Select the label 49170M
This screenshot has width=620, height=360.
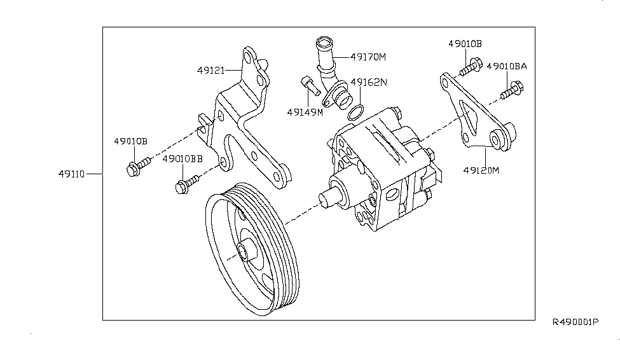pyautogui.click(x=368, y=57)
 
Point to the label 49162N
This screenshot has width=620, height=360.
pyautogui.click(x=369, y=82)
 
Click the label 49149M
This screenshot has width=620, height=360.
pyautogui.click(x=305, y=112)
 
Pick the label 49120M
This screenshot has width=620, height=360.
pyautogui.click(x=481, y=170)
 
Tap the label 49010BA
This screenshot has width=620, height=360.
pyautogui.click(x=507, y=66)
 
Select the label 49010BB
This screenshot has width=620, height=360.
pyautogui.click(x=182, y=159)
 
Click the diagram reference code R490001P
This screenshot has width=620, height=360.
pyautogui.click(x=575, y=322)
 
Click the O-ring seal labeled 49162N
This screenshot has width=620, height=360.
pyautogui.click(x=355, y=113)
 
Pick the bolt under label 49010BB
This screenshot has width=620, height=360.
pyautogui.click(x=186, y=184)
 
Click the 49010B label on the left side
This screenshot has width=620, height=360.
pyautogui.click(x=131, y=141)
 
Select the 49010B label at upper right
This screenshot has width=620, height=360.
pyautogui.click(x=465, y=43)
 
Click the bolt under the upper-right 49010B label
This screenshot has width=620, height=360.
pyautogui.click(x=471, y=65)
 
